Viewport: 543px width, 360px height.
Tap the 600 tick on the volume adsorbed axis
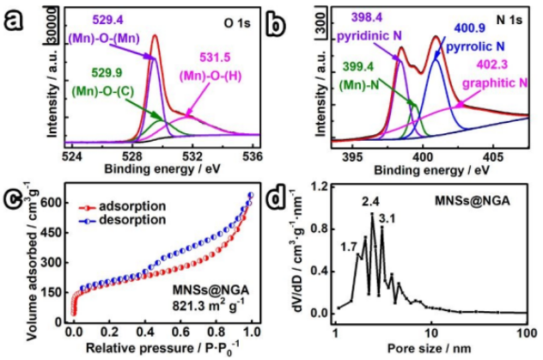tap(56, 203)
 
